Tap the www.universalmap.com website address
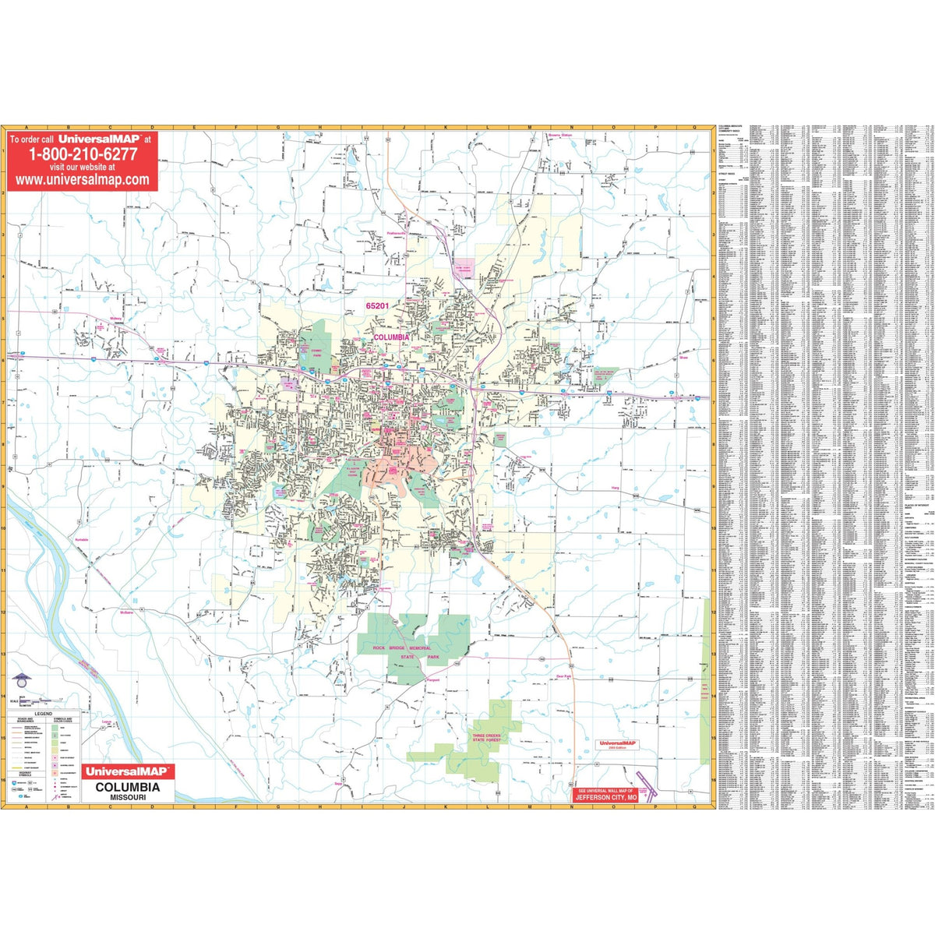click(x=83, y=179)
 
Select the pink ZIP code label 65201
click(x=376, y=306)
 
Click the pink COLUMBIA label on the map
click(x=391, y=337)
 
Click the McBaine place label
click(x=127, y=612)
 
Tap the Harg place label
click(x=615, y=488)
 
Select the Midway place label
click(x=117, y=318)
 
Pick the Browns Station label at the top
click(x=559, y=135)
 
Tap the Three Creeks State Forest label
click(x=489, y=739)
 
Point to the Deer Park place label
click(x=564, y=676)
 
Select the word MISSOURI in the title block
click(x=128, y=798)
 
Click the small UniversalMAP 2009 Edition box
click(x=618, y=744)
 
